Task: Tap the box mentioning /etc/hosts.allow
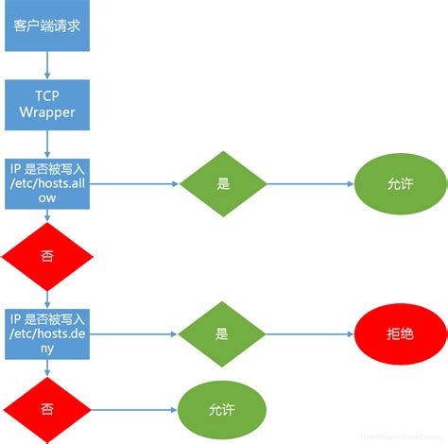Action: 48,182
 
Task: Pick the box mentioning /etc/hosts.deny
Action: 48,333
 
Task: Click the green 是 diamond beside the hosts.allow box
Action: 223,184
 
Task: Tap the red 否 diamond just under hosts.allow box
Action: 47,256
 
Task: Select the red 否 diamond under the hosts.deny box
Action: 47,408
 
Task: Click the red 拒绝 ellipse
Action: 402,334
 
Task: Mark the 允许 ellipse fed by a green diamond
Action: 402,184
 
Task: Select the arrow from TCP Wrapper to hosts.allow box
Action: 47,142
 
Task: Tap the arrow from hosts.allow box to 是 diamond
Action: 137,184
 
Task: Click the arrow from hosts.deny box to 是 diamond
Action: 137,334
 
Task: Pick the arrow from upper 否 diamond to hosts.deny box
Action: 47,297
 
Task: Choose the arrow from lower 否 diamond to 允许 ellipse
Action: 137,409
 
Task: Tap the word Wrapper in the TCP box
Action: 47,113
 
